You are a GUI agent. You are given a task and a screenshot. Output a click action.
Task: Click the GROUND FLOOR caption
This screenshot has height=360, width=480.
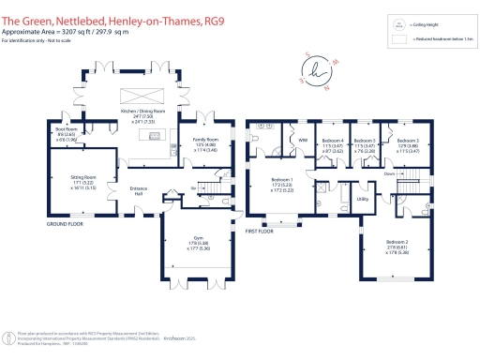[x=66, y=225]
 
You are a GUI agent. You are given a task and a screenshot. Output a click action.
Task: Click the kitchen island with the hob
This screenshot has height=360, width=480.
[x=150, y=134]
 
